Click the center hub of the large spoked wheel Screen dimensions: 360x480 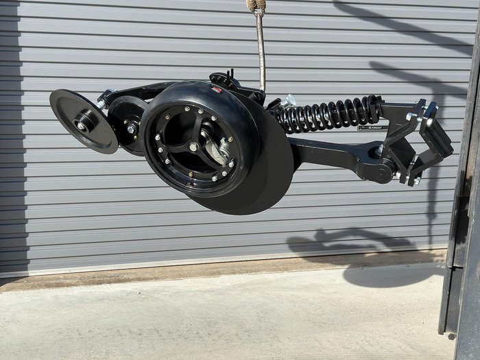194,147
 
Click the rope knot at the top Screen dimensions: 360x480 256,5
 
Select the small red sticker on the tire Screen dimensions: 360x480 217,90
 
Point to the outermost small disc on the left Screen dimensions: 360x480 82,121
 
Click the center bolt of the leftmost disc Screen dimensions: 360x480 82,125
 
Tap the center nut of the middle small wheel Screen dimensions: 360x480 130,128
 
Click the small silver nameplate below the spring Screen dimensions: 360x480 370,127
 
